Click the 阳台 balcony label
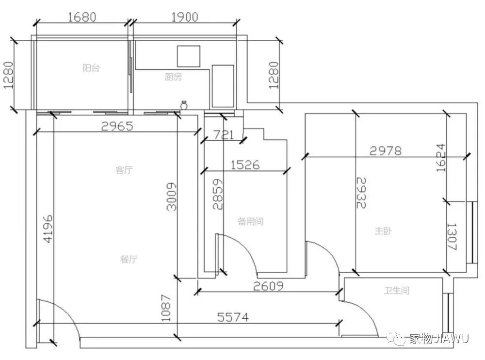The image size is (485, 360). (91, 68)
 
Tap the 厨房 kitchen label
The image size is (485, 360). (173, 77)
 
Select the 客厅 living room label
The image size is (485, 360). (124, 170)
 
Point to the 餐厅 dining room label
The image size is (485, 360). (129, 259)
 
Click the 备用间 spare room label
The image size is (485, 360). (251, 221)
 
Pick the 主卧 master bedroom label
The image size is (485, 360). (383, 231)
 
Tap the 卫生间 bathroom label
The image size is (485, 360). (397, 290)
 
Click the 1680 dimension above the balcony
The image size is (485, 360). (82, 17)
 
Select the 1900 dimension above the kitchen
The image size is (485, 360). (185, 17)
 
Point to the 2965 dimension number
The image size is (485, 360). (117, 126)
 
